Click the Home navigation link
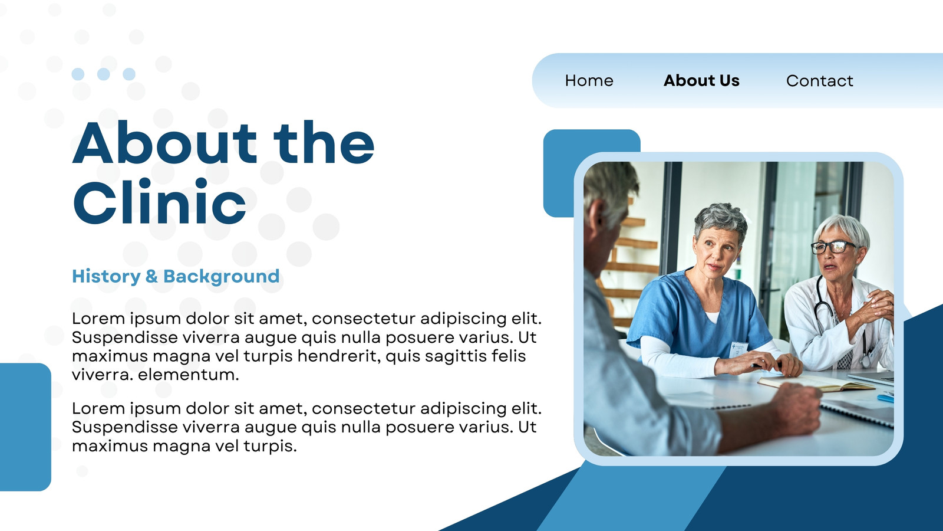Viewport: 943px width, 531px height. [589, 80]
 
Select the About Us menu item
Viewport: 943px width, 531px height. [701, 80]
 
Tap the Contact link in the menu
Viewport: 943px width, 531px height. [820, 80]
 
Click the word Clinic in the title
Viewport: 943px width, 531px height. [160, 201]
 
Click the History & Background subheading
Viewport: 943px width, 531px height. [176, 277]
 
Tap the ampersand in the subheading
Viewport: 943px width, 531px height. [151, 277]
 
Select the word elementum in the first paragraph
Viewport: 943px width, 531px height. [189, 374]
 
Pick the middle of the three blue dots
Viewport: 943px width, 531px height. [104, 74]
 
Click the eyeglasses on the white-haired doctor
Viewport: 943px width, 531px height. [834, 247]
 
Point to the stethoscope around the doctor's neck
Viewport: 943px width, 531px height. [840, 320]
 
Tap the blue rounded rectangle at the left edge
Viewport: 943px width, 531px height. [25, 427]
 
